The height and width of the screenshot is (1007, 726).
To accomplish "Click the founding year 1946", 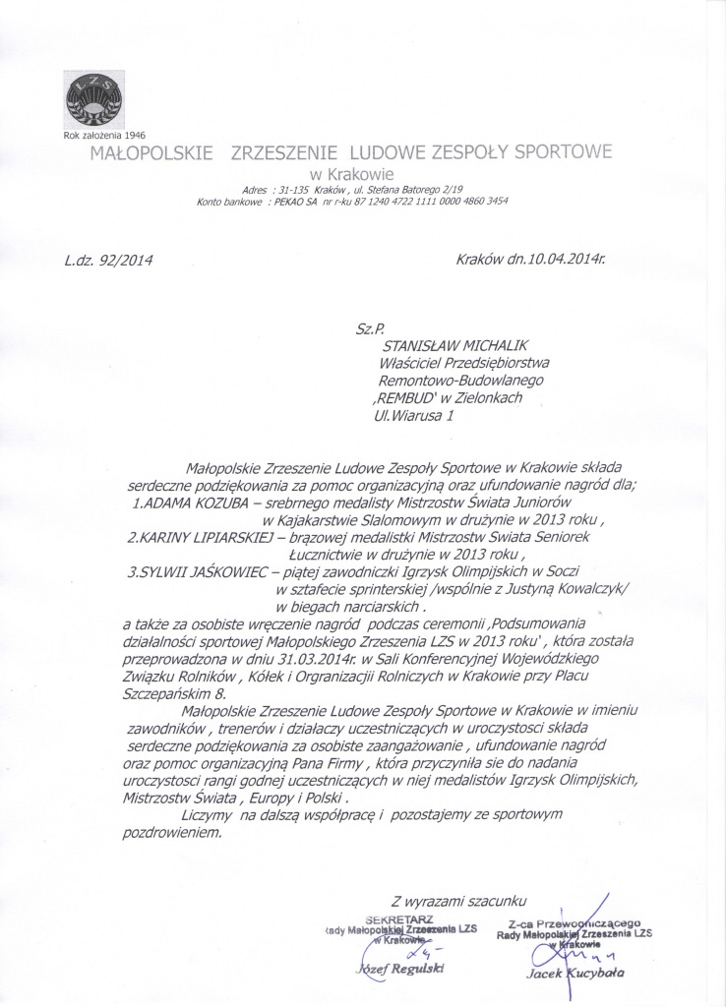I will [131, 135].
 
